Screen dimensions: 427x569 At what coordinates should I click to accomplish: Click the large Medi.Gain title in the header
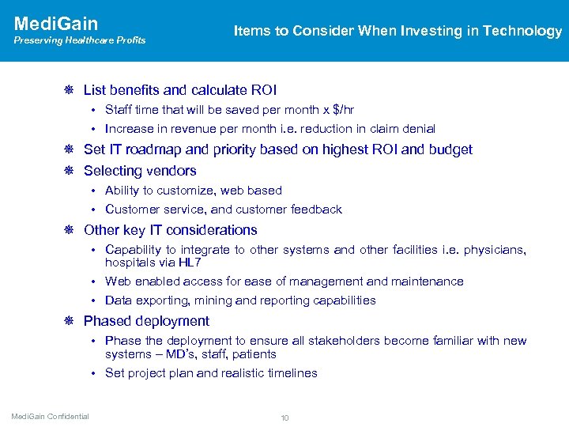(x=56, y=23)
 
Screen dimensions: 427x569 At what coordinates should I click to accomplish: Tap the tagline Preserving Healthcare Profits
(x=80, y=40)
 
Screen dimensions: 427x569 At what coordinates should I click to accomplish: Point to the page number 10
(x=284, y=417)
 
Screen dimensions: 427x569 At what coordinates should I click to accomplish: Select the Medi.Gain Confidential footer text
(x=50, y=417)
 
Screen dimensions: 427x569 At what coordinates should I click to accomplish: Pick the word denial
(x=418, y=128)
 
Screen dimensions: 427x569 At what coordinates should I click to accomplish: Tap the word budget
(x=450, y=149)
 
